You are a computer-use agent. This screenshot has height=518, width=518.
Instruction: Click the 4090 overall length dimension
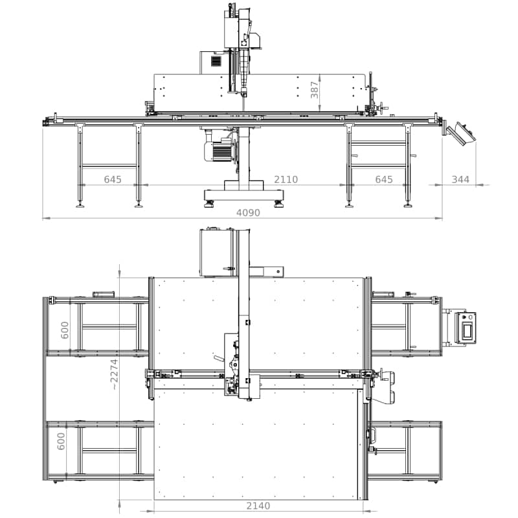pyautogui.click(x=248, y=213)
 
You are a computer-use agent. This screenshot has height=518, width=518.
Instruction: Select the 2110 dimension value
pyautogui.click(x=286, y=180)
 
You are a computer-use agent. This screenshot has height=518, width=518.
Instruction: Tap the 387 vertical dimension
pyautogui.click(x=315, y=90)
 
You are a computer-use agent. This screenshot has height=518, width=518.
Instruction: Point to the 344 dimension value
pyautogui.click(x=460, y=180)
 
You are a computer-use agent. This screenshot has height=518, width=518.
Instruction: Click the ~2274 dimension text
pyautogui.click(x=114, y=374)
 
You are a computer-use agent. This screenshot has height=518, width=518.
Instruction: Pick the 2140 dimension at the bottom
pyautogui.click(x=258, y=506)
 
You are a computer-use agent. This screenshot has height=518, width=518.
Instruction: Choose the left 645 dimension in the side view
pyautogui.click(x=113, y=180)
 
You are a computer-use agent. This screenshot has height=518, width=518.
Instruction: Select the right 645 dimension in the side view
pyautogui.click(x=384, y=180)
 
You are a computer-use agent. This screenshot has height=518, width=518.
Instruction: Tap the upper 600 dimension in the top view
pyautogui.click(x=65, y=330)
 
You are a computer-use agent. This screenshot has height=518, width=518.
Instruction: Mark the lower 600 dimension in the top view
pyautogui.click(x=62, y=442)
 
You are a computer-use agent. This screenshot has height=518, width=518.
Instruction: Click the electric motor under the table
pyautogui.click(x=219, y=151)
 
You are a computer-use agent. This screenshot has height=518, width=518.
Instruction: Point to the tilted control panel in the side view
pyautogui.click(x=462, y=133)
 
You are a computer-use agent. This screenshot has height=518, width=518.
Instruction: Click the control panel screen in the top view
pyautogui.click(x=467, y=331)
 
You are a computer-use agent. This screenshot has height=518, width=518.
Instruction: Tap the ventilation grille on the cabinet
pyautogui.click(x=216, y=62)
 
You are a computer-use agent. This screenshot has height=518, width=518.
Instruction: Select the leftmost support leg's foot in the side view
pyautogui.click(x=80, y=205)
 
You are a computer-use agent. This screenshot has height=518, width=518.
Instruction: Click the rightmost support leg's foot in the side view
pyautogui.click(x=408, y=205)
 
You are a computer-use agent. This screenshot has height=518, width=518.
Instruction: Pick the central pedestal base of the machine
pyautogui.click(x=244, y=195)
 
